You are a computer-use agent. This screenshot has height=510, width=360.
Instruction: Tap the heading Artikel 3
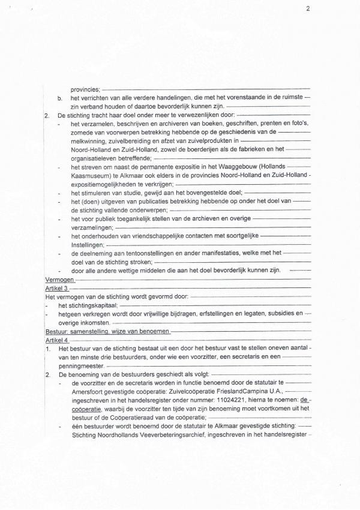[x=57, y=289]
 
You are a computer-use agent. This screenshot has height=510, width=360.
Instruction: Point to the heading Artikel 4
[x=57, y=340]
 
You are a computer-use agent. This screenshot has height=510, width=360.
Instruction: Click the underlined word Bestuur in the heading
[x=56, y=331]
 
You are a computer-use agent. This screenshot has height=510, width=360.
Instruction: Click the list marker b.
[x=59, y=97]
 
